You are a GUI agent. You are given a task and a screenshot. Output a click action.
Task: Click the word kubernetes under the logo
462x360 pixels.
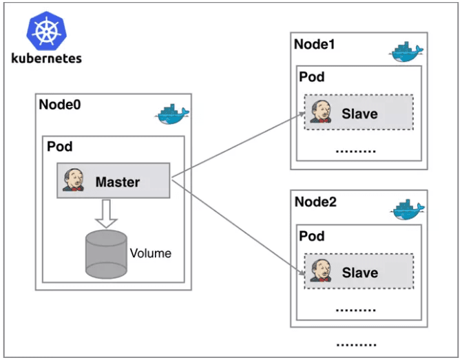pyautogui.click(x=47, y=59)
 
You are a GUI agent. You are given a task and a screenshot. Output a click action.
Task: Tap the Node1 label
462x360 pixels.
pyautogui.click(x=315, y=44)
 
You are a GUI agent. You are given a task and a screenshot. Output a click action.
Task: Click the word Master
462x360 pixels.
pyautogui.click(x=118, y=182)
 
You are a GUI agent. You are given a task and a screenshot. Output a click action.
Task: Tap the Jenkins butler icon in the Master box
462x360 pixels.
pyautogui.click(x=74, y=181)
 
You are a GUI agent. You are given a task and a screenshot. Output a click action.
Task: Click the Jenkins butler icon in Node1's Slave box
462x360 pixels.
pyautogui.click(x=320, y=112)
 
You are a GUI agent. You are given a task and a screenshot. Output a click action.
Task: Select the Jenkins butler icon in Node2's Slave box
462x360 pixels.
pyautogui.click(x=320, y=271)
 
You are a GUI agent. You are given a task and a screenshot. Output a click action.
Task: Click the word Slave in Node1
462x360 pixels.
pyautogui.click(x=359, y=114)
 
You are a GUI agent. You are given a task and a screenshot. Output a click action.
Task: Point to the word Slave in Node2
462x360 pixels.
pyautogui.click(x=359, y=273)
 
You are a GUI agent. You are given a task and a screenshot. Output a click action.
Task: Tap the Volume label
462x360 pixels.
pyautogui.click(x=151, y=253)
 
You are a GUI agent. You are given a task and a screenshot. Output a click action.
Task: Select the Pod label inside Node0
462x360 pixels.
pyautogui.click(x=59, y=147)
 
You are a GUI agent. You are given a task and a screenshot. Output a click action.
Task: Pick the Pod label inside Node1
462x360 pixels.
pyautogui.click(x=312, y=77)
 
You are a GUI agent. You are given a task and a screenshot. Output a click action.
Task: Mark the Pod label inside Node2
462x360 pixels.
pyautogui.click(x=312, y=236)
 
